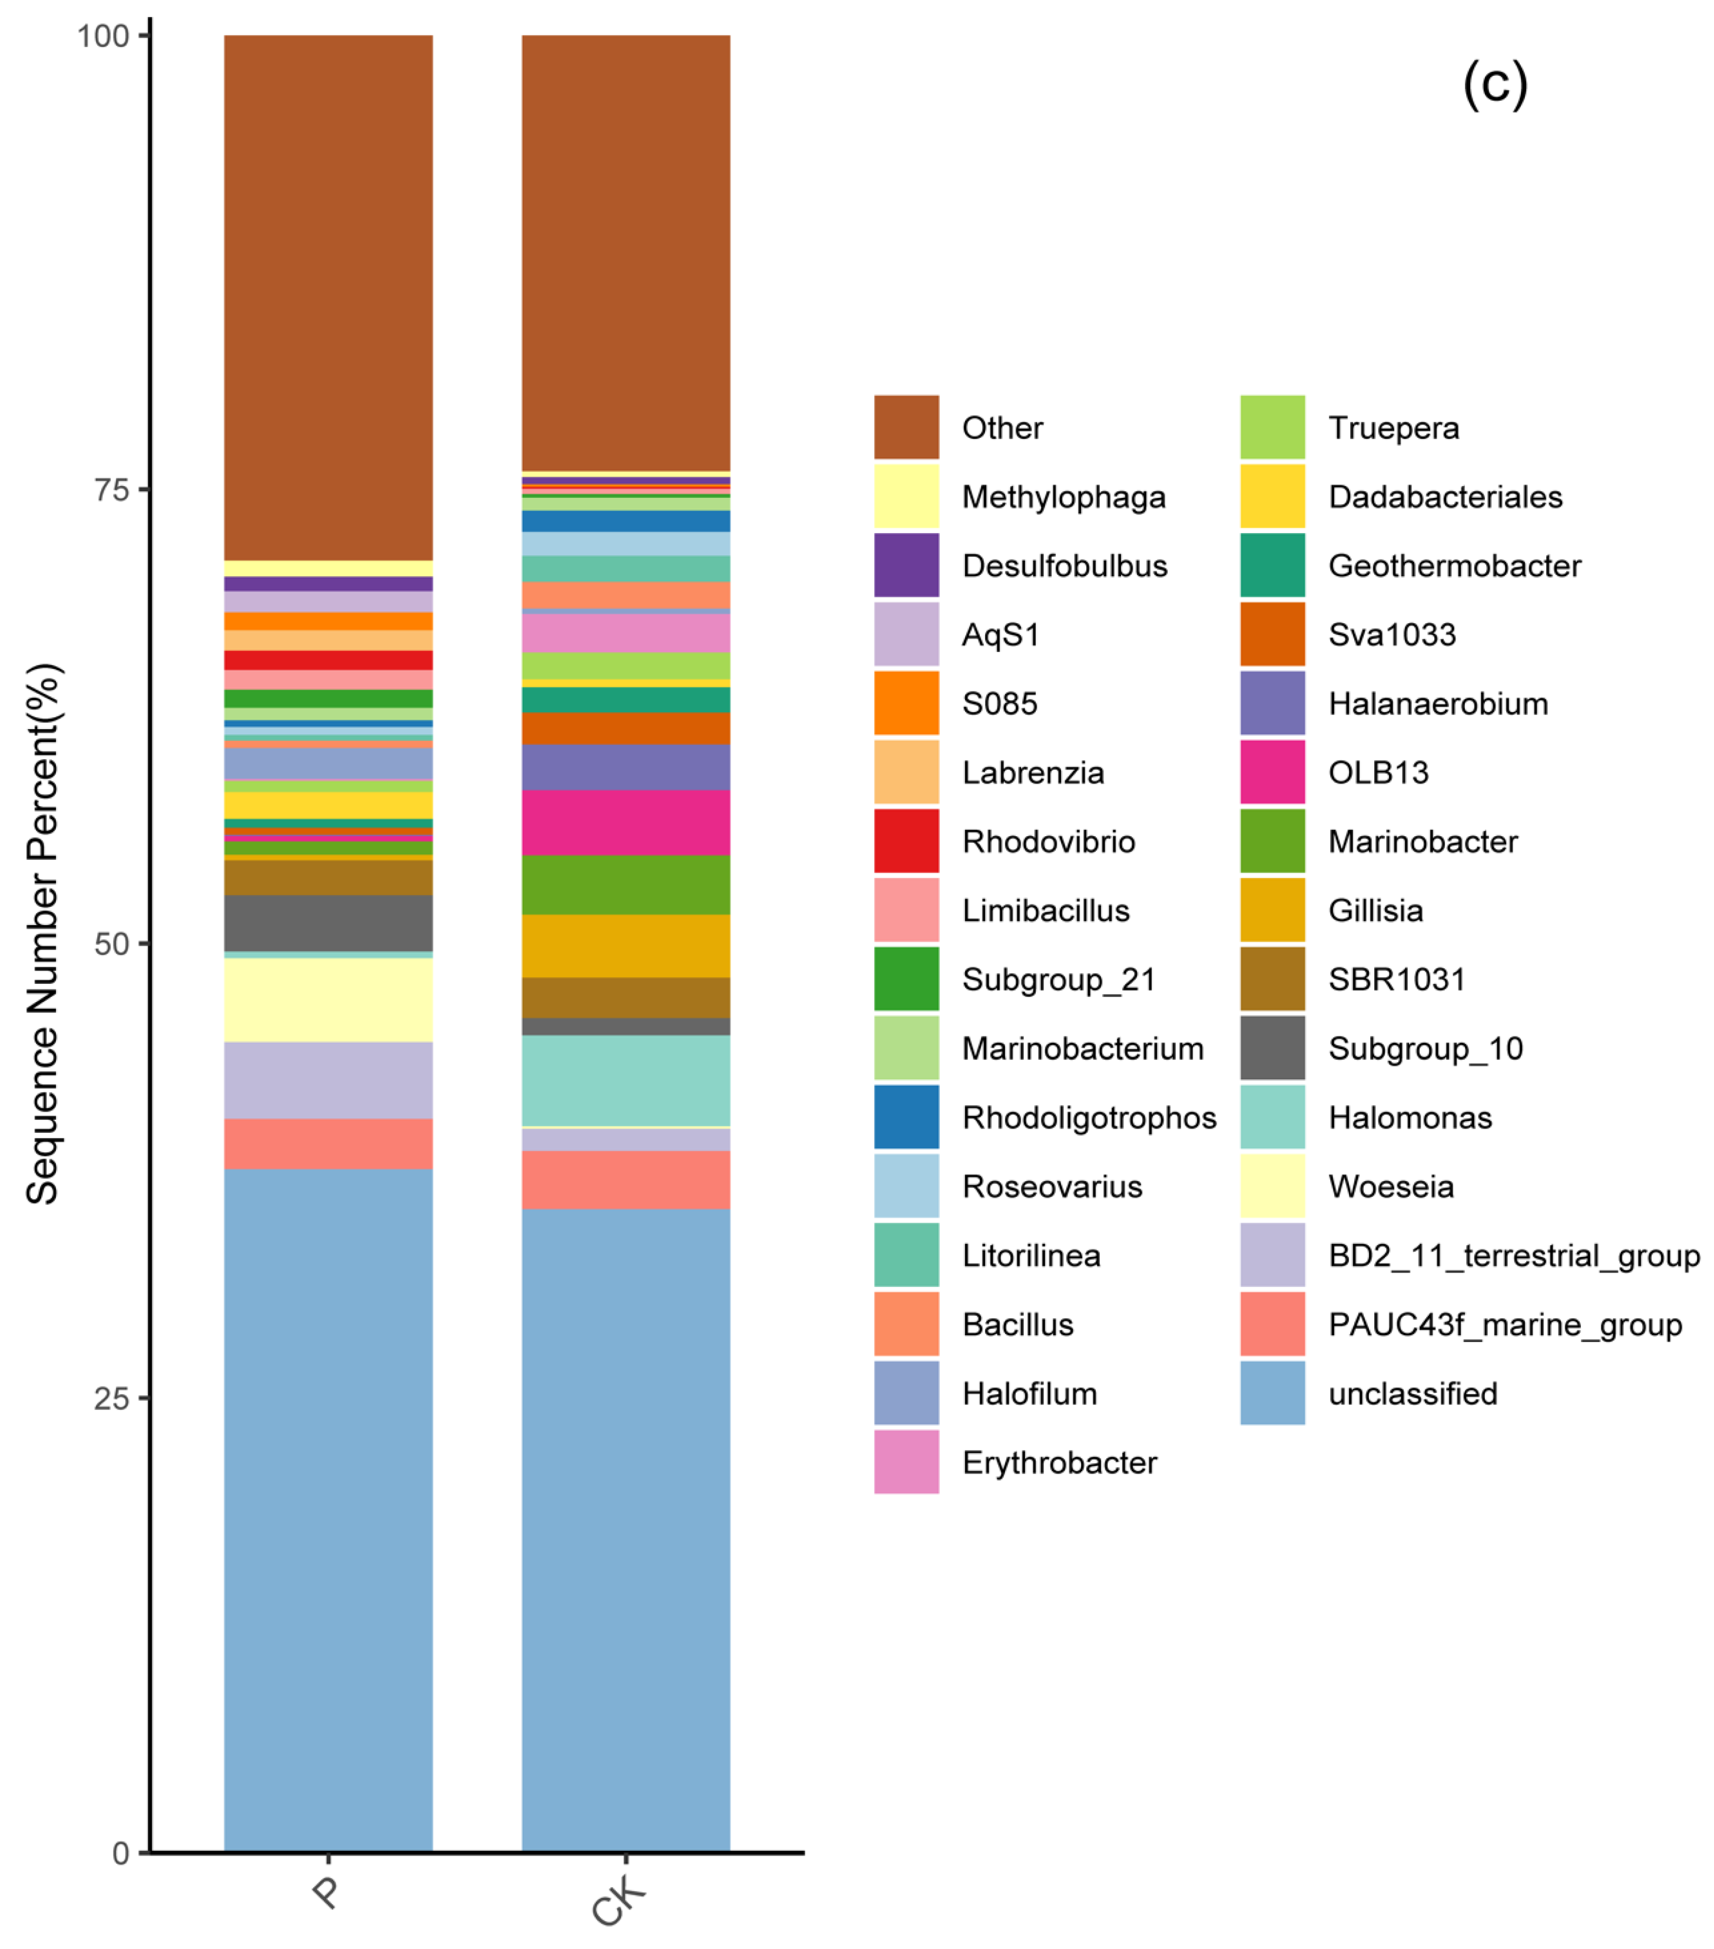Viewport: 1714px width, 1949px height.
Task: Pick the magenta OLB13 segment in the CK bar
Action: (626, 822)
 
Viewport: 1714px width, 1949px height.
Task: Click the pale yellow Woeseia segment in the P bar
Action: (328, 999)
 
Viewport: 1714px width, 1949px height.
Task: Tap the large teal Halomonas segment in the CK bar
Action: (626, 1080)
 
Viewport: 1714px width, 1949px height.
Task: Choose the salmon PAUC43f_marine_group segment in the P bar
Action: (328, 1143)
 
